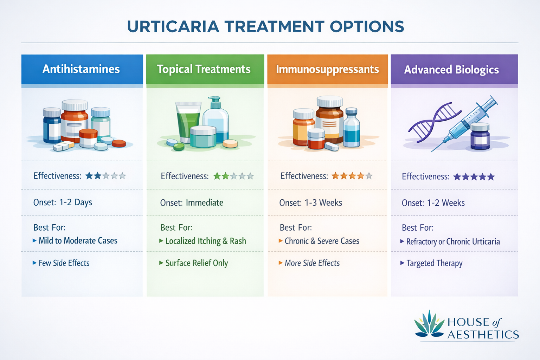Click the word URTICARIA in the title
[x=173, y=27]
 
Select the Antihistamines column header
[x=81, y=69]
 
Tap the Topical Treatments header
[x=204, y=69]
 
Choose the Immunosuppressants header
[x=327, y=69]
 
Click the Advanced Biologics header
[x=451, y=70]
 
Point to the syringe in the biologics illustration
[x=468, y=121]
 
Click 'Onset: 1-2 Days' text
[x=63, y=202]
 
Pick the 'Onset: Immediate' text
[x=192, y=203]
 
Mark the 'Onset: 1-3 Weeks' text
[x=310, y=203]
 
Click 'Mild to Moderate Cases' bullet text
[x=78, y=241]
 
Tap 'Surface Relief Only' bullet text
[x=197, y=263]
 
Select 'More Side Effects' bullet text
[x=312, y=263]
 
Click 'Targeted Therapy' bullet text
[x=434, y=263]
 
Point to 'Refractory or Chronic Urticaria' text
[x=453, y=242]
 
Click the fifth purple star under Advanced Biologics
[x=491, y=177]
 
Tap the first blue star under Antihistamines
[x=89, y=176]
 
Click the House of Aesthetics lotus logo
[x=429, y=324]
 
